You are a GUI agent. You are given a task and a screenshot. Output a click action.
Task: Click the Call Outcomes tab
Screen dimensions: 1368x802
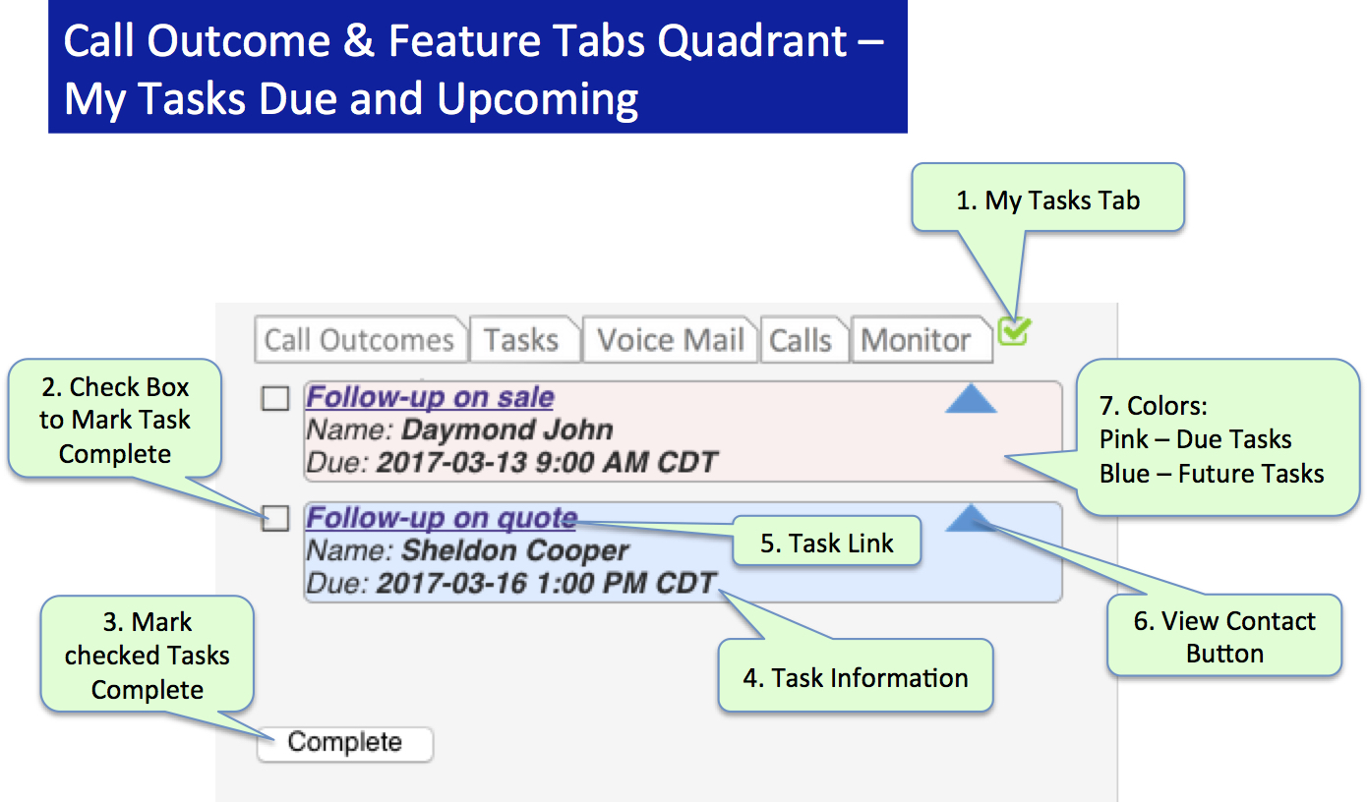tap(360, 339)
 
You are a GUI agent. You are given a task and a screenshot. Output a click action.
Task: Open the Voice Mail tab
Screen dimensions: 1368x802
tap(670, 339)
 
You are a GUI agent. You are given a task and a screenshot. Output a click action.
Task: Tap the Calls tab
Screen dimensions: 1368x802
tap(803, 339)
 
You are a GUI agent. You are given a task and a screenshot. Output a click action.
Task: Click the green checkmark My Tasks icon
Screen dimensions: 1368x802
tap(1014, 331)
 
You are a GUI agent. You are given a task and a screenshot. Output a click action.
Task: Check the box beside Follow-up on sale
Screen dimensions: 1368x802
tap(274, 399)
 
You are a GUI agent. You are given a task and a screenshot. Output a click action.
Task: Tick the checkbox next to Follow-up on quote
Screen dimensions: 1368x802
tap(274, 518)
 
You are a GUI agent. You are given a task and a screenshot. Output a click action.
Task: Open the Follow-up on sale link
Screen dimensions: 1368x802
tap(430, 397)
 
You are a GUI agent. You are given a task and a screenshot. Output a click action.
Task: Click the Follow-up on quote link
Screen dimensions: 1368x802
tap(442, 518)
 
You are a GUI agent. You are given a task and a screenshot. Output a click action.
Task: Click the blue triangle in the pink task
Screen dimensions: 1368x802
tap(971, 399)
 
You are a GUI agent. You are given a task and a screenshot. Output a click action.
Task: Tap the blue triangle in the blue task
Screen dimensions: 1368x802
tap(971, 518)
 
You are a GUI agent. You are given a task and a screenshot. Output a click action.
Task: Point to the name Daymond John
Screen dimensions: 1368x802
tap(506, 430)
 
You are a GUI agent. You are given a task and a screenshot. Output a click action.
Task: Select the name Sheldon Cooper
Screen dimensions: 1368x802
tap(514, 550)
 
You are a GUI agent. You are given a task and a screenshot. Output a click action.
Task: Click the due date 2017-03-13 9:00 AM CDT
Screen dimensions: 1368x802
tap(546, 463)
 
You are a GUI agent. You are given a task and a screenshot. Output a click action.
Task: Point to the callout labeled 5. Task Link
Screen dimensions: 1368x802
tap(827, 542)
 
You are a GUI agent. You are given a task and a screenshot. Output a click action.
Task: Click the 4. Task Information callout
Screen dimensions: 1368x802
tap(856, 676)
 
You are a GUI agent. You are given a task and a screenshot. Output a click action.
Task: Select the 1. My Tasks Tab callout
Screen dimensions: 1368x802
tap(1048, 199)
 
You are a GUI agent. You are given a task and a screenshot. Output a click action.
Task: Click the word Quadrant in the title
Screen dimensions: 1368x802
tap(751, 40)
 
